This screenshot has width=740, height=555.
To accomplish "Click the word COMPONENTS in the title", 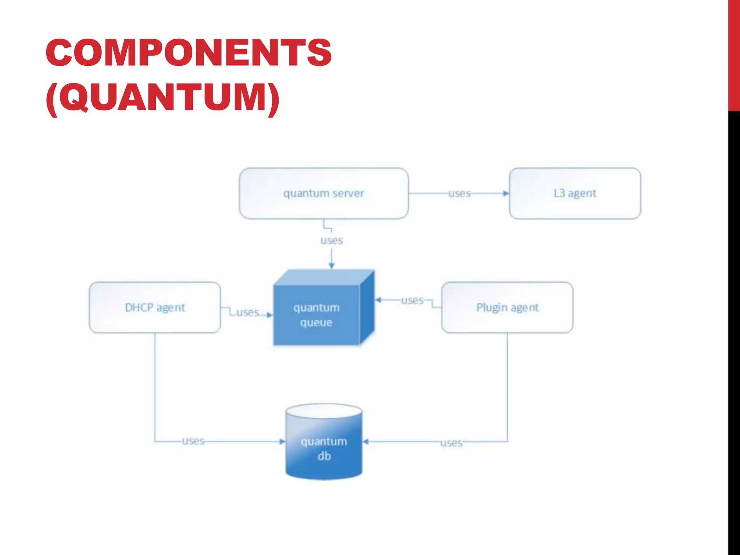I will [189, 53].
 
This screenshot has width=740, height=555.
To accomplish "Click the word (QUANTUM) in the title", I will [163, 98].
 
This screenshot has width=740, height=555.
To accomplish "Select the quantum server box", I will [324, 193].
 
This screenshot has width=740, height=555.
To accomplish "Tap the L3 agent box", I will [575, 193].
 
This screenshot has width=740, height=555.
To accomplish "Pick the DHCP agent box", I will [155, 307].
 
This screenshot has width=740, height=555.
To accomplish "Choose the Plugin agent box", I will [507, 307].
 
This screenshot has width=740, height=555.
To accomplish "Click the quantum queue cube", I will [317, 315].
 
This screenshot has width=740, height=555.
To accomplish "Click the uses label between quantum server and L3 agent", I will [459, 194].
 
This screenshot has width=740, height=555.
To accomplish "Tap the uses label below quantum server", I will [332, 241].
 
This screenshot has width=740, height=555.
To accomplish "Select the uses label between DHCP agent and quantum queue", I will [248, 312].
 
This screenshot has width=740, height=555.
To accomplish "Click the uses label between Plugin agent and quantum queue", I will [412, 300].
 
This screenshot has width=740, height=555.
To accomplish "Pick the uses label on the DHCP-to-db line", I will [193, 441].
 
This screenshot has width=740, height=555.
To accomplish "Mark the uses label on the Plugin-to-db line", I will [451, 443].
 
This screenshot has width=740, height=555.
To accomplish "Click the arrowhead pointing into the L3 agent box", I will [506, 194].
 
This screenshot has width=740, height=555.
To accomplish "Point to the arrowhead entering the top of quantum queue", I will [332, 266].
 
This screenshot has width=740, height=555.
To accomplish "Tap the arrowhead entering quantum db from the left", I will [282, 442].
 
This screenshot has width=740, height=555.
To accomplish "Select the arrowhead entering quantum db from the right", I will [366, 442].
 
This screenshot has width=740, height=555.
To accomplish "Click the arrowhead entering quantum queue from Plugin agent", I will [378, 300].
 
